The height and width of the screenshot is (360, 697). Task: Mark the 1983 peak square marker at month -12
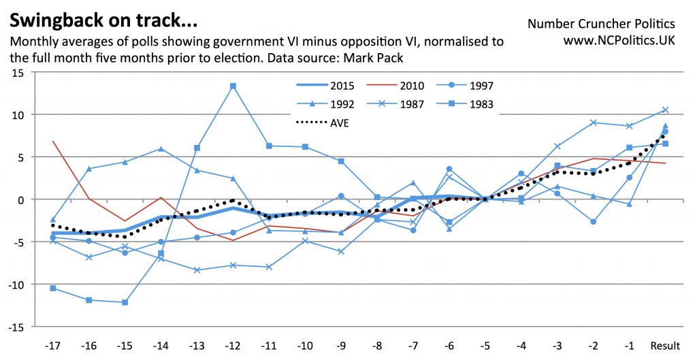click(233, 86)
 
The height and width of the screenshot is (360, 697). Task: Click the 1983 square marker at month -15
click(125, 302)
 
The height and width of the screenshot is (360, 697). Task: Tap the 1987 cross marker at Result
click(665, 110)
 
